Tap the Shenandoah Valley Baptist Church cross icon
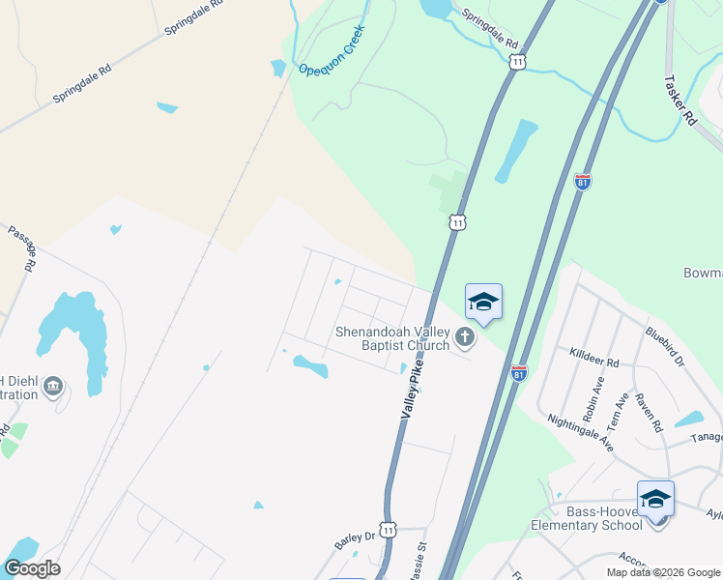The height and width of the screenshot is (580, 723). (x=465, y=337)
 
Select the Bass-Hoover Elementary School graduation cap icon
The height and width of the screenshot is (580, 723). (x=655, y=499)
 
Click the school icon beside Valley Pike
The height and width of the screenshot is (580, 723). (x=483, y=301)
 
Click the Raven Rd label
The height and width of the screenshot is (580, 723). (x=647, y=410)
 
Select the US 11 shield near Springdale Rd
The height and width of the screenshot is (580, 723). (x=518, y=62)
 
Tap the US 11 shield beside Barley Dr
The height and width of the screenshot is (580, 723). (x=388, y=530)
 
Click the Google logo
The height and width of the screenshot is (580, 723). (x=32, y=568)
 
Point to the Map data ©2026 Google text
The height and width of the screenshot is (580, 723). (x=663, y=572)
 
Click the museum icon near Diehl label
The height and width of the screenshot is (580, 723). (x=52, y=388)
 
